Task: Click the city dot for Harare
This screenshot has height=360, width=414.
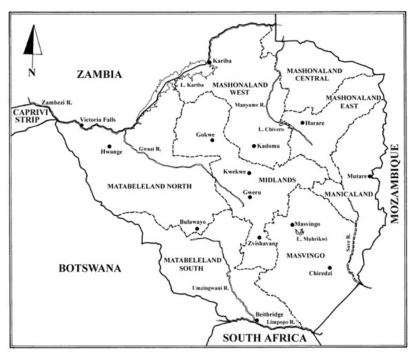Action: pyautogui.click(x=302, y=123)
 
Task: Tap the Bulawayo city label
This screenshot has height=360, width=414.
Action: pyautogui.click(x=193, y=223)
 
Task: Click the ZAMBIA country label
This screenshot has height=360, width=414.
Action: pyautogui.click(x=99, y=74)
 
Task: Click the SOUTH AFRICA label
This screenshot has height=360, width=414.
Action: pyautogui.click(x=264, y=338)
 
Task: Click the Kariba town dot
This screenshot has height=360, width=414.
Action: pyautogui.click(x=209, y=63)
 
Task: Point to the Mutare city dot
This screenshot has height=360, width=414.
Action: pyautogui.click(x=371, y=177)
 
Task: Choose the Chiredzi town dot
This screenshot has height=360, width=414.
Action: pyautogui.click(x=330, y=268)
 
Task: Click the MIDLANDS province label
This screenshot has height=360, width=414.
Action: pyautogui.click(x=277, y=180)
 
